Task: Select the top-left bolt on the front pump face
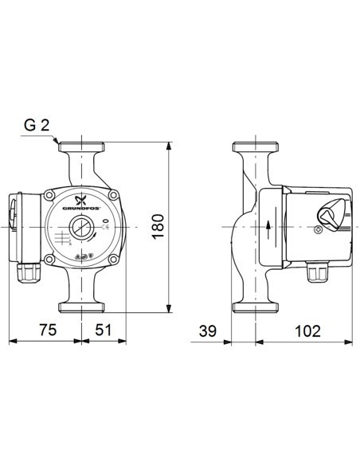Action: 49,195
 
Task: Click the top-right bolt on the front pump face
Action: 114,195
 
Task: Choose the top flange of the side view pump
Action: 255,148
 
